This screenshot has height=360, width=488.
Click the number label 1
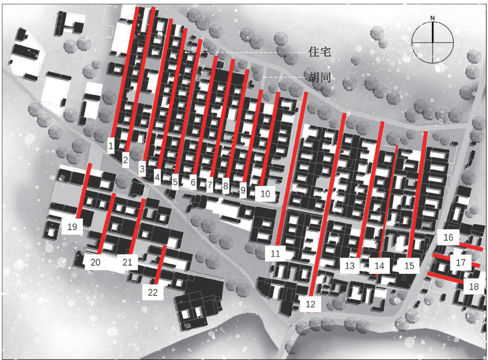111,145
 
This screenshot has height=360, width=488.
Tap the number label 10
265,194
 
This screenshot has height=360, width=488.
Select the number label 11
275,253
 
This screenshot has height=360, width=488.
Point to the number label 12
310,304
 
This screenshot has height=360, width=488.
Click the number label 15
409,266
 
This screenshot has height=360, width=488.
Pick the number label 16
448,237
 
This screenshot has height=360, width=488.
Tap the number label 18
473,286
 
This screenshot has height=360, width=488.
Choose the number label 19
72,226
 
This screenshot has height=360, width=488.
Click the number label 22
153,292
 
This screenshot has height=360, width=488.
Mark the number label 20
95,262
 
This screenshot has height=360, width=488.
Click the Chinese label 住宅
319,52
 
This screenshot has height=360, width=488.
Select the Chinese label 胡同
319,77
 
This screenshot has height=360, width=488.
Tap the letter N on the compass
433,18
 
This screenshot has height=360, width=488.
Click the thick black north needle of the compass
433,32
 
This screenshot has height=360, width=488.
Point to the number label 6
193,182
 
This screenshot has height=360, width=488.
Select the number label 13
350,266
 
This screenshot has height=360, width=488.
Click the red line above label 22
160,265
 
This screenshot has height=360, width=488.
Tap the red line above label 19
84,190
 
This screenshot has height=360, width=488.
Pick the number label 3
142,169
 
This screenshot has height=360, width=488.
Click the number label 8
226,186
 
